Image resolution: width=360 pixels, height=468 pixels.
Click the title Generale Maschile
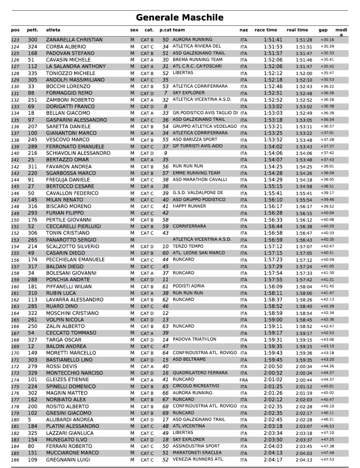click(180, 17)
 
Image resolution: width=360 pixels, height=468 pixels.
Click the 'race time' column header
click(266, 30)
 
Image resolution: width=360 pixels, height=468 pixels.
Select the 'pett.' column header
click(33, 30)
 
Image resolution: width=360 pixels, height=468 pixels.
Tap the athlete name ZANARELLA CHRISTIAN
click(74, 40)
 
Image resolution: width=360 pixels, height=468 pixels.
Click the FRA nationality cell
click(243, 380)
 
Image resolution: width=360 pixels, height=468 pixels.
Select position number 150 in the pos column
click(15, 220)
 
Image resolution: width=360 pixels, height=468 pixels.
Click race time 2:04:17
click(273, 460)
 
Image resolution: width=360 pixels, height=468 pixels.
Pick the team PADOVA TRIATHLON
click(195, 339)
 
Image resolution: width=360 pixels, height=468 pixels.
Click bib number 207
click(33, 126)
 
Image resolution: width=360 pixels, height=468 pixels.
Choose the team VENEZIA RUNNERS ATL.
click(198, 459)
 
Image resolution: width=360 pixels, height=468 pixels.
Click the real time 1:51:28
click(304, 40)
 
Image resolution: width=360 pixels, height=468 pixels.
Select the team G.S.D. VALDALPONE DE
click(198, 193)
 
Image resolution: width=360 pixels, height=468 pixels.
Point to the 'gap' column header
click(323, 30)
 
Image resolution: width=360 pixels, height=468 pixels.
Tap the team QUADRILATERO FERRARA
click(200, 373)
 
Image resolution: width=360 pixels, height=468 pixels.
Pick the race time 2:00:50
click(273, 366)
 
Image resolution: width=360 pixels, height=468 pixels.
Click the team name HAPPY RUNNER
click(189, 206)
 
